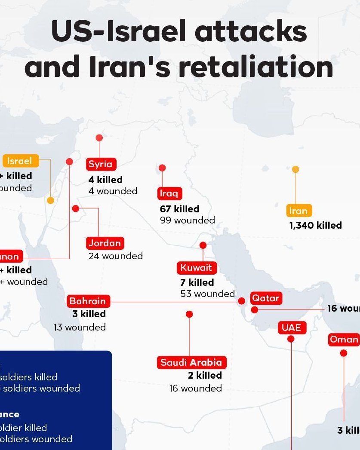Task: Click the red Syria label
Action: pyautogui.click(x=101, y=164)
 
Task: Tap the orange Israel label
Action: pyautogui.click(x=20, y=161)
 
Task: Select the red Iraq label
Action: pyautogui.click(x=169, y=193)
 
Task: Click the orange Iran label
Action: pyautogui.click(x=298, y=211)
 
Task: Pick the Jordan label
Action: pyautogui.click(x=105, y=243)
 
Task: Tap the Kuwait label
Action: pyautogui.click(x=196, y=268)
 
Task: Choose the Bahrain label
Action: pyautogui.click(x=88, y=301)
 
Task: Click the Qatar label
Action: pyautogui.click(x=265, y=298)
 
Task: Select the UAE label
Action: pyautogui.click(x=291, y=328)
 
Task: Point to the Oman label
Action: pyautogui.click(x=344, y=340)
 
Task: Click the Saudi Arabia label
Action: pyautogui.click(x=191, y=362)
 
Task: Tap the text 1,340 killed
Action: pyautogui.click(x=315, y=225)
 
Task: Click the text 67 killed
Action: pyautogui.click(x=179, y=209)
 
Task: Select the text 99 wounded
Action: pyautogui.click(x=187, y=220)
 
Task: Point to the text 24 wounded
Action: pyautogui.click(x=115, y=256)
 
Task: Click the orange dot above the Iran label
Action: pyautogui.click(x=295, y=169)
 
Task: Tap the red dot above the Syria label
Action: pyautogui.click(x=99, y=138)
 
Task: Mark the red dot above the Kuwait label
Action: pyautogui.click(x=203, y=245)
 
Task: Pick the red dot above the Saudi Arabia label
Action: pyautogui.click(x=189, y=314)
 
